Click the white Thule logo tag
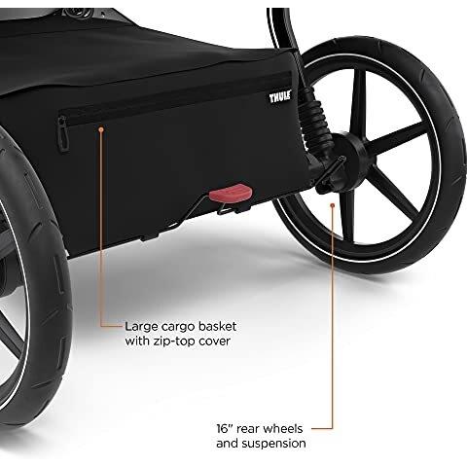click(x=280, y=96)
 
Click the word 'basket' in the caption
click(x=217, y=326)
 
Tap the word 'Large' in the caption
click(x=141, y=327)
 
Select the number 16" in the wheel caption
click(x=225, y=428)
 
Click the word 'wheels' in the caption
click(x=282, y=428)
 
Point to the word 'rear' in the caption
click(x=247, y=429)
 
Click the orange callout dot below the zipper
click(x=101, y=129)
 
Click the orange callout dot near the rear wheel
click(x=332, y=205)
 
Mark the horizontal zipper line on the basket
click(x=175, y=96)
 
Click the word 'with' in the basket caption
click(x=136, y=341)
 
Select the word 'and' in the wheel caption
click(x=227, y=443)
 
